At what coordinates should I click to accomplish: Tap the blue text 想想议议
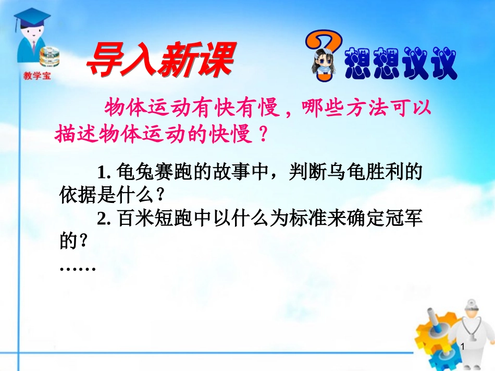point(400,64)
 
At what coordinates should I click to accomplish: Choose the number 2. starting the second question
point(105,220)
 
